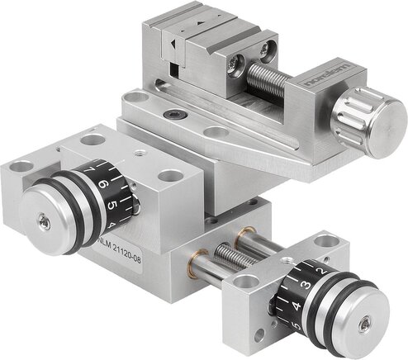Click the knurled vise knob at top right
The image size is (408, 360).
(x=368, y=125)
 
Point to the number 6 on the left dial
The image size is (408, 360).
(x=105, y=184)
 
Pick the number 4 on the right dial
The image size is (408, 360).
(x=295, y=306)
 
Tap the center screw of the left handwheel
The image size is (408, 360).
(x=43, y=220)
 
